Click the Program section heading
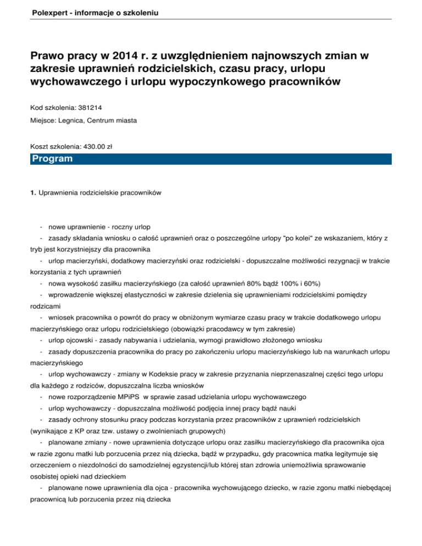(x=52, y=159)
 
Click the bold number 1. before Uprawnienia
(x=33, y=193)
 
